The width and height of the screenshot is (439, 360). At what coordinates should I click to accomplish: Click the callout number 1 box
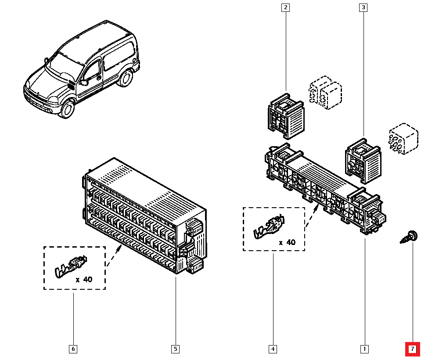tap(364, 349)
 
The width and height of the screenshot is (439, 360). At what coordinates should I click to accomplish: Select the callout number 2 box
tap(286, 7)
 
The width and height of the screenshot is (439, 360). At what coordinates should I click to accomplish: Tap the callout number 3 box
tap(363, 7)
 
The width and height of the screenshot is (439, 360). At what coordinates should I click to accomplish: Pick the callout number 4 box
tap(273, 349)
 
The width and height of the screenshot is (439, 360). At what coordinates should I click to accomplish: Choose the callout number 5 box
tap(175, 349)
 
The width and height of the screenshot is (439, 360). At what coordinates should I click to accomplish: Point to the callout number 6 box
tap(73, 349)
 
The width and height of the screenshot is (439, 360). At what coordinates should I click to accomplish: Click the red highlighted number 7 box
tap(412, 349)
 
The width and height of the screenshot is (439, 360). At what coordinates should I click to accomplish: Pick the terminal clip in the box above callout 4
tap(269, 226)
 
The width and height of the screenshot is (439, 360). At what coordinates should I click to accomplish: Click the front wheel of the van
tap(68, 108)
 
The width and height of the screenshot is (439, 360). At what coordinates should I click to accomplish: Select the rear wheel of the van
tap(126, 78)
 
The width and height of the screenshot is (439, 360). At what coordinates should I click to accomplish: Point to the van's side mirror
tap(83, 82)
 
